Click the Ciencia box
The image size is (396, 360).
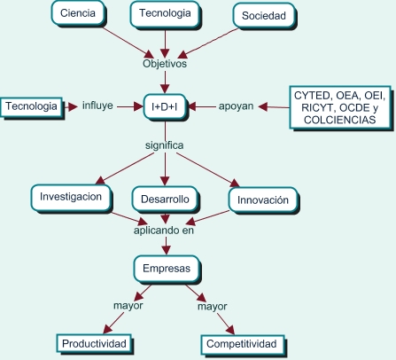coord(78,13)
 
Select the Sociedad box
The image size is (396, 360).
coord(264,16)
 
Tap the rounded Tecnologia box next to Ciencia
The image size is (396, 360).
coord(166,14)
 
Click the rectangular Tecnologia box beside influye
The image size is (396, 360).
coord(32,106)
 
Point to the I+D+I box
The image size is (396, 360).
coord(165,106)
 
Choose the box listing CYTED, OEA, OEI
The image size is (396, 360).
coord(341,108)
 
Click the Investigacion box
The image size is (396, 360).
coord(71,198)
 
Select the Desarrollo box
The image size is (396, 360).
coord(166,200)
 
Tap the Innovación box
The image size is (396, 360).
coord(263,200)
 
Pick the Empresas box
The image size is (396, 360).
coord(167,269)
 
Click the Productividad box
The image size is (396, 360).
coord(95,344)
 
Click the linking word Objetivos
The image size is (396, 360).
coord(165,64)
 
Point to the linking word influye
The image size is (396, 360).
coord(97,106)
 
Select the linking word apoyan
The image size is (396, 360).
coord(236,106)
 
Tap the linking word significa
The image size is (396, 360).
coord(165,145)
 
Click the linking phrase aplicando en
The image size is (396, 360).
coord(164,231)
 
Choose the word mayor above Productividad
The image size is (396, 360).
coord(128,306)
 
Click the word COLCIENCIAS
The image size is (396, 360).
coord(340,120)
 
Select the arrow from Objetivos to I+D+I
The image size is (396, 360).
coord(165,82)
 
